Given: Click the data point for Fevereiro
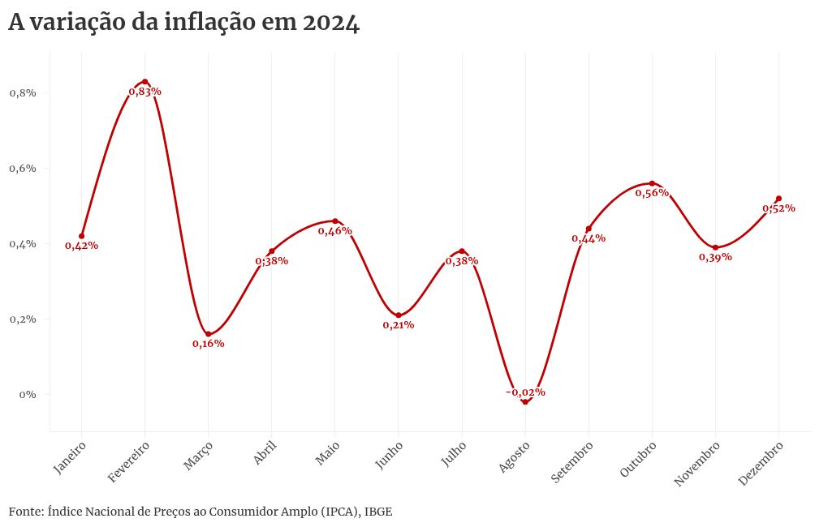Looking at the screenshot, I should pyautogui.click(x=144, y=82).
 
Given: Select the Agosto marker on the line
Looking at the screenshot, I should pyautogui.click(x=525, y=402).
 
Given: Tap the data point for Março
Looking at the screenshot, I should pyautogui.click(x=209, y=334).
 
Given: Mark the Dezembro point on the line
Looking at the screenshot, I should pyautogui.click(x=778, y=199).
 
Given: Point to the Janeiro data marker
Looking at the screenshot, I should pyautogui.click(x=82, y=236).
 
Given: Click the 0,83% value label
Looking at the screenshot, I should pyautogui.click(x=144, y=92).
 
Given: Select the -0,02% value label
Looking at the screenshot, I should pyautogui.click(x=525, y=392).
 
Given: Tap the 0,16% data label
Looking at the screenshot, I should pyautogui.click(x=209, y=344).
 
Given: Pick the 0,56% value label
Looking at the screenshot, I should pyautogui.click(x=652, y=193).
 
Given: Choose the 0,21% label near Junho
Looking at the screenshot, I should pyautogui.click(x=399, y=325).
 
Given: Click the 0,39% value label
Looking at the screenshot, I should pyautogui.click(x=715, y=257).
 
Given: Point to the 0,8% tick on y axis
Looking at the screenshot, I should pyautogui.click(x=24, y=93).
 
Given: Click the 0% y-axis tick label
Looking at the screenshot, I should pyautogui.click(x=29, y=395).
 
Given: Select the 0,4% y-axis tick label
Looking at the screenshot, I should pyautogui.click(x=24, y=244).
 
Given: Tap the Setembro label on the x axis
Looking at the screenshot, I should pyautogui.click(x=572, y=462).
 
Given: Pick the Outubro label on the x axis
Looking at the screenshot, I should pyautogui.click(x=637, y=461).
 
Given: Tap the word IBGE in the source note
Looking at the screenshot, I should pyautogui.click(x=378, y=512).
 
